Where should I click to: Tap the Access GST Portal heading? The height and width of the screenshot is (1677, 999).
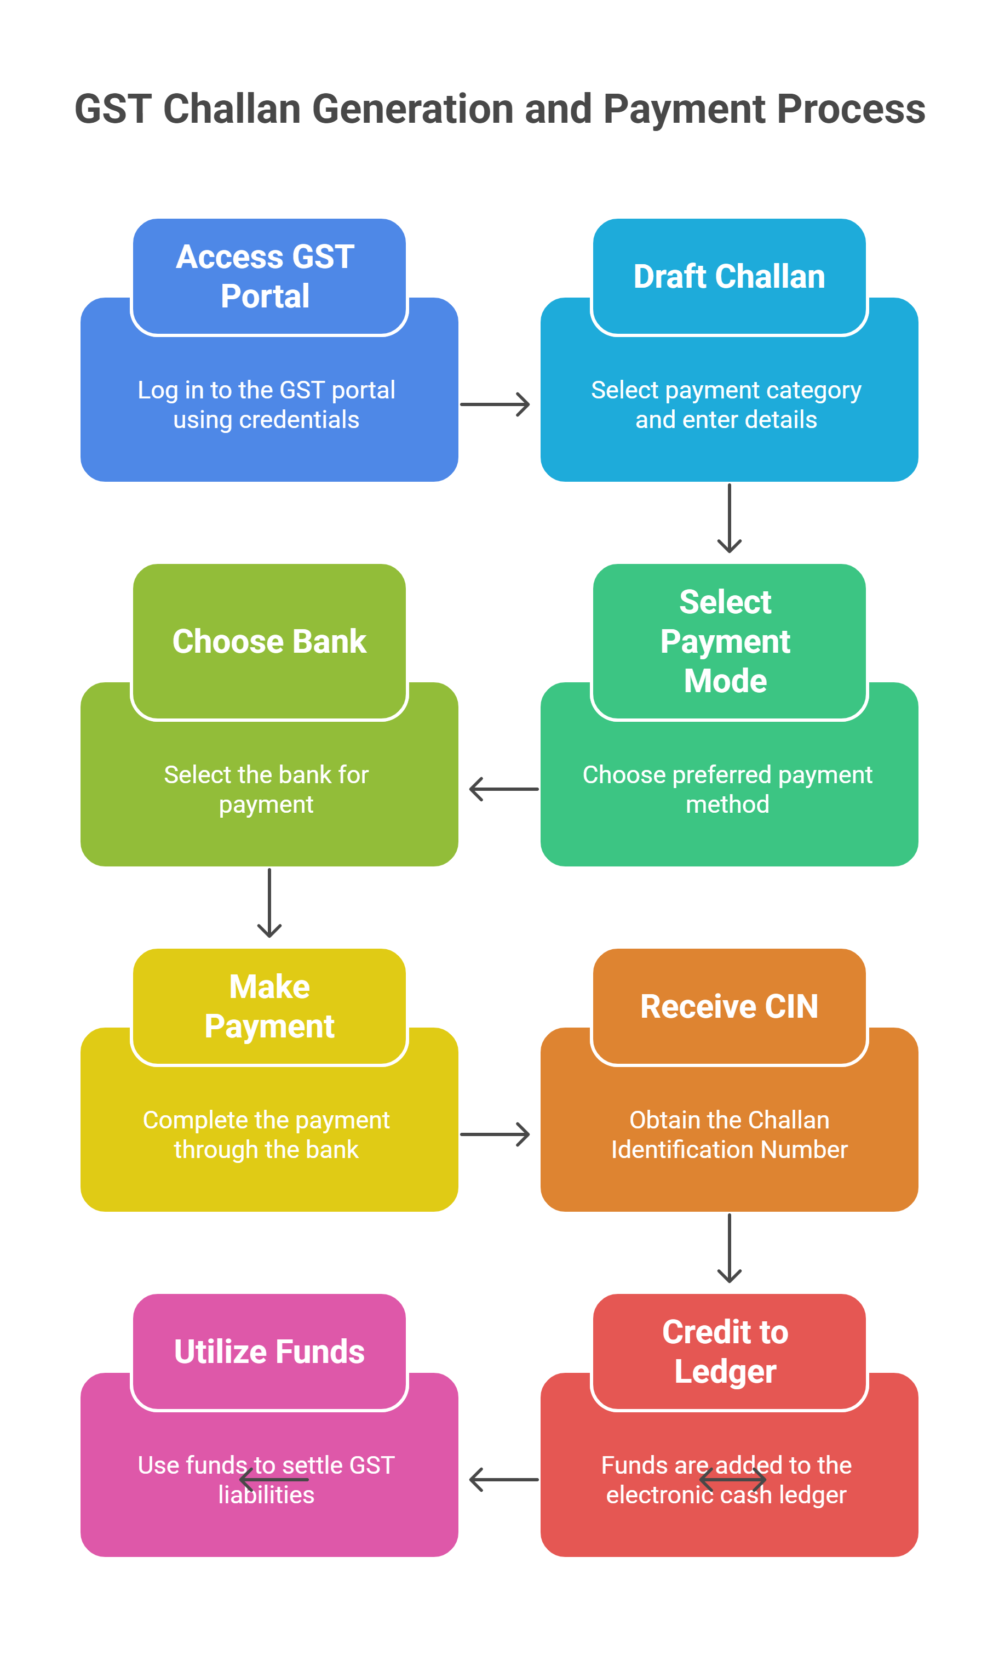265,276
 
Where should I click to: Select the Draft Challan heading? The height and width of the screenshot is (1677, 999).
729,276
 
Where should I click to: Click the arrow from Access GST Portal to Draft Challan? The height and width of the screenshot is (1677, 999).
495,404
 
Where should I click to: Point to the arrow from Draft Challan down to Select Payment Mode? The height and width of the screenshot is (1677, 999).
729,517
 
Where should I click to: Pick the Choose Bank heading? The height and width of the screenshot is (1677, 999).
269,641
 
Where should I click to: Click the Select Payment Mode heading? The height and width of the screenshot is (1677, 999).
725,641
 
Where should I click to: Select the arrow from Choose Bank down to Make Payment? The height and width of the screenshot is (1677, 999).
269,903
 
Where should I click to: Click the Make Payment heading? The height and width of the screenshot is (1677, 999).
269,1006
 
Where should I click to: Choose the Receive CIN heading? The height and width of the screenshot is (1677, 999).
729,1006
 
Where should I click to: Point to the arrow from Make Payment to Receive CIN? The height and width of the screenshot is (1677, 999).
495,1134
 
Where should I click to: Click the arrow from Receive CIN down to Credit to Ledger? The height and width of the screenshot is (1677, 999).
729,1248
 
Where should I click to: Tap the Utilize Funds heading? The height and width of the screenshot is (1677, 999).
269,1351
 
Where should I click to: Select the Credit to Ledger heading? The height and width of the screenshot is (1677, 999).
725,1351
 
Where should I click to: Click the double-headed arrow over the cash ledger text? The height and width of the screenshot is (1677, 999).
732,1479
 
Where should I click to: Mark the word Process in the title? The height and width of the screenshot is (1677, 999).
851,109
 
